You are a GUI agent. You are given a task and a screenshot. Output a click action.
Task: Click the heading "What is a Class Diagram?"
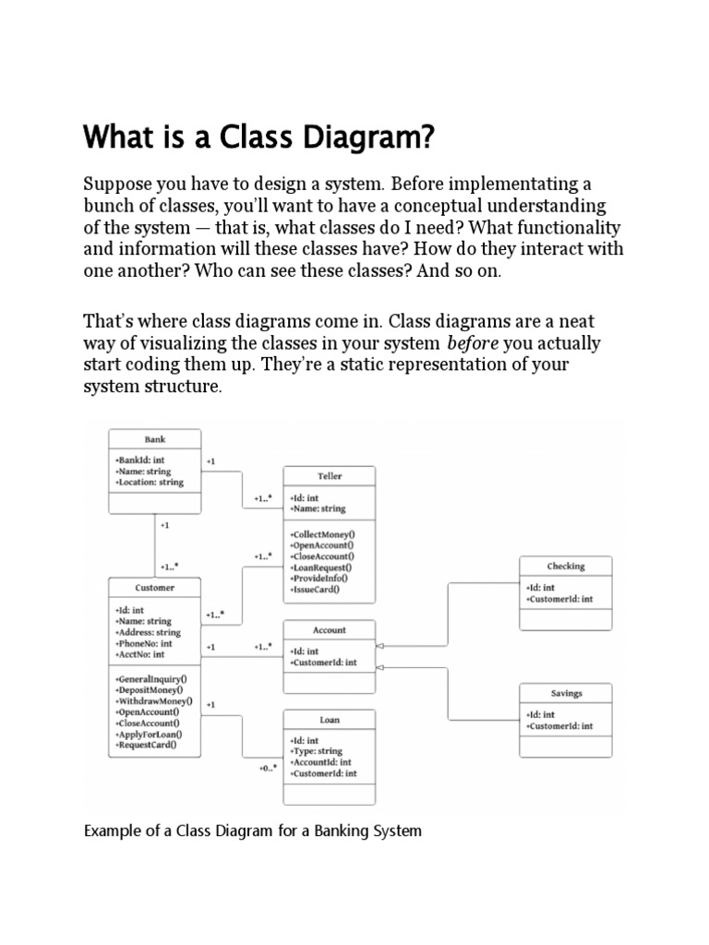(258, 138)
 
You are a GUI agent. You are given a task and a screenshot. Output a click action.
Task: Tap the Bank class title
(155, 439)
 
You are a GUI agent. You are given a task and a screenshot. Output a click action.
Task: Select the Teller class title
(330, 476)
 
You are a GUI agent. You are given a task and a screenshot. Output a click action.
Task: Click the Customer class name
(154, 587)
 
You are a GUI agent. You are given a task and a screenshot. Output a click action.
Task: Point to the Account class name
(330, 630)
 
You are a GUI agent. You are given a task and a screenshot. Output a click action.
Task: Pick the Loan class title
(330, 720)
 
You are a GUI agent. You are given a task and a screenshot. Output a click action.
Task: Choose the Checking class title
(566, 566)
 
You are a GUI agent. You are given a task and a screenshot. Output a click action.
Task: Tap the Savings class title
(566, 692)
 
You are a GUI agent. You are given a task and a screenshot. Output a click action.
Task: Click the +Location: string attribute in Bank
(150, 482)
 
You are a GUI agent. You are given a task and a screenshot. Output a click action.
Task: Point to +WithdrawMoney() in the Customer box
(154, 701)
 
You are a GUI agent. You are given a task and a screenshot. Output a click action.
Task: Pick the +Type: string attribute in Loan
(318, 752)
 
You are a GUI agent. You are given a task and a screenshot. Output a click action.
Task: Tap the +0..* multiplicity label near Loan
(269, 768)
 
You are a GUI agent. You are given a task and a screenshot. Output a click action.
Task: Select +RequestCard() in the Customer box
(147, 744)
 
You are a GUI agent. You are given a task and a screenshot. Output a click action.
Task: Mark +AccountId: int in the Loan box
(322, 762)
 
